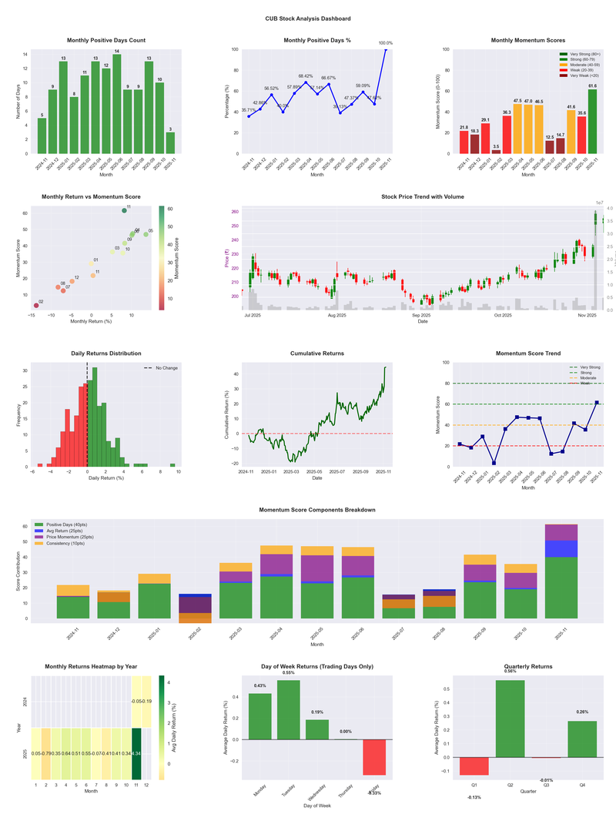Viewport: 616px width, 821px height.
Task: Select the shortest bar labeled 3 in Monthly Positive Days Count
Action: (x=170, y=143)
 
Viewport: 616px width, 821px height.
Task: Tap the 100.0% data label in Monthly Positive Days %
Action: (x=386, y=43)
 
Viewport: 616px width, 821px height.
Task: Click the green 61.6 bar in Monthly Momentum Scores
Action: (x=592, y=122)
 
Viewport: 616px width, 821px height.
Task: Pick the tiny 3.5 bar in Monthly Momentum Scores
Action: (x=496, y=151)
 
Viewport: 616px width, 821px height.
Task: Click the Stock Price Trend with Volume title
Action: (x=422, y=196)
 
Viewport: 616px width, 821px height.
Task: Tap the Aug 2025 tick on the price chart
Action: (x=336, y=315)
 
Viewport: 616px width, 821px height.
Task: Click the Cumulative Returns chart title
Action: (x=316, y=354)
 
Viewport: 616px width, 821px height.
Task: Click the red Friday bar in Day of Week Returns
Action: (x=374, y=757)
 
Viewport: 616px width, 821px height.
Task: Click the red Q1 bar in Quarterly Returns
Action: (x=474, y=766)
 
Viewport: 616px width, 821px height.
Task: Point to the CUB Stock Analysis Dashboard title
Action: (x=308, y=18)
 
